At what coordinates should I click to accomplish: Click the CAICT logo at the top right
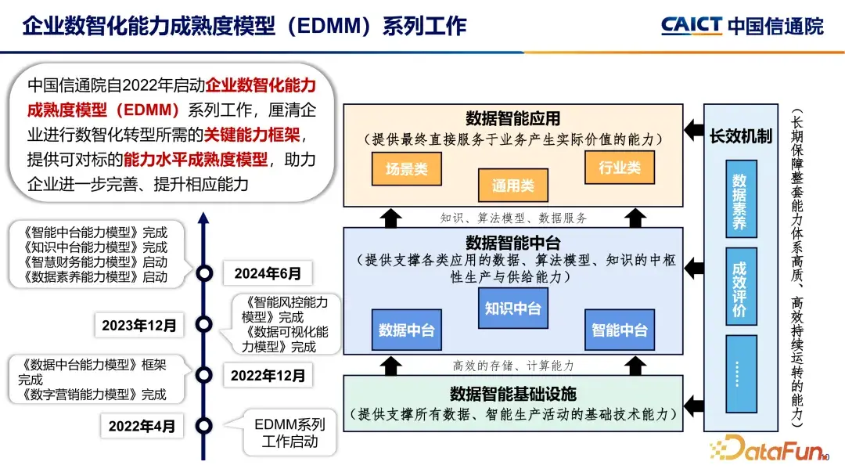[x=742, y=25]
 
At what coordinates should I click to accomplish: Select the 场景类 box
[x=406, y=168]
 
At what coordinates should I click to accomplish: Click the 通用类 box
[x=513, y=186]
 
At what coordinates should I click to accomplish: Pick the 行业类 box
[x=620, y=168]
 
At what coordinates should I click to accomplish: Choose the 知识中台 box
[x=513, y=308]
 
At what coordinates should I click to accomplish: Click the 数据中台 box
[x=407, y=330]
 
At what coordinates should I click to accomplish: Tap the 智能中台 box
[x=620, y=330]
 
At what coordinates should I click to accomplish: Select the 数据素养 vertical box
[x=740, y=201]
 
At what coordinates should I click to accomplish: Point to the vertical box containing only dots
[x=740, y=373]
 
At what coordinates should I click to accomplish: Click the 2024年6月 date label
[x=268, y=273]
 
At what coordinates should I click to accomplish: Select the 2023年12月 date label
[x=139, y=324]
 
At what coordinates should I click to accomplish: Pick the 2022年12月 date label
[x=268, y=376]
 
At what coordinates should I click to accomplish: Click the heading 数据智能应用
[x=513, y=119]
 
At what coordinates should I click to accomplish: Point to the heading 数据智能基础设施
[x=513, y=394]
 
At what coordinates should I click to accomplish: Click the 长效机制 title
[x=740, y=136]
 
